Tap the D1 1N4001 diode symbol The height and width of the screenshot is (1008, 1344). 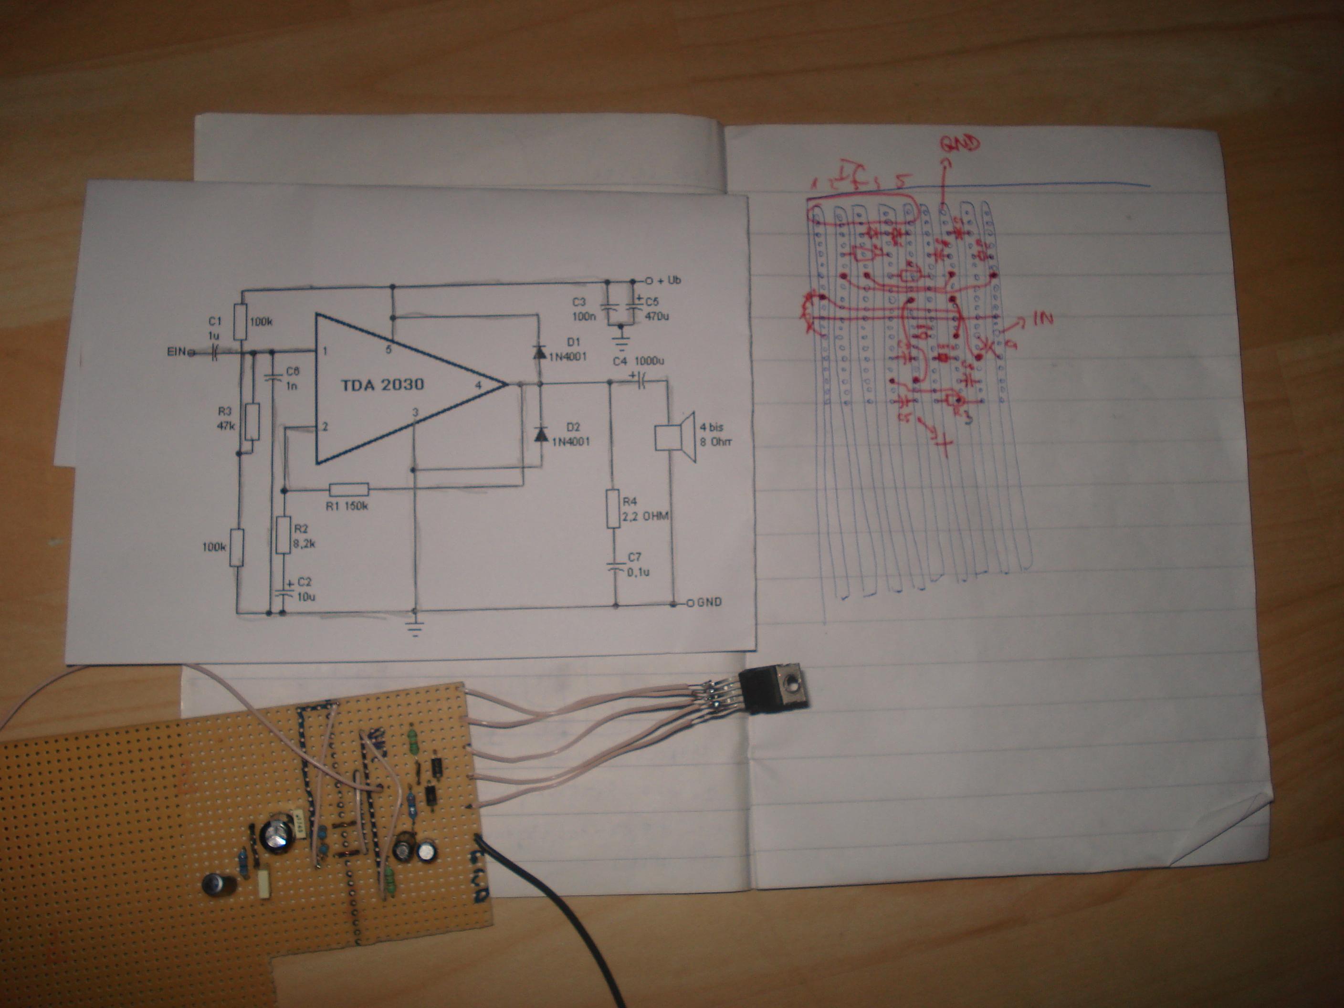[x=538, y=351]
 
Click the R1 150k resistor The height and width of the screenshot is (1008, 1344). [x=349, y=490]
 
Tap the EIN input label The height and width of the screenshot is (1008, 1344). [x=178, y=351]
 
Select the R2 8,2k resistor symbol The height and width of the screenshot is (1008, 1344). [x=283, y=534]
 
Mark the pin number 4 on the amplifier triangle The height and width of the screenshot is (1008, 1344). [x=479, y=385]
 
